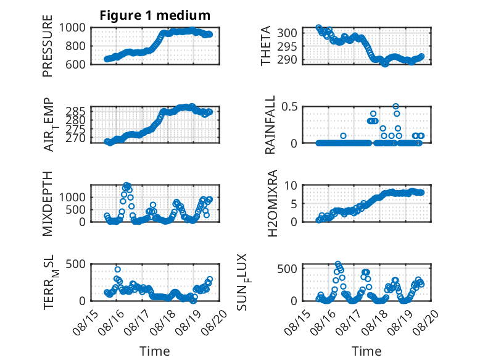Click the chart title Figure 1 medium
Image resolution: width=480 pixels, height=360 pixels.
click(x=155, y=15)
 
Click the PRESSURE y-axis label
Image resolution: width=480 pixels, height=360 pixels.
click(x=48, y=46)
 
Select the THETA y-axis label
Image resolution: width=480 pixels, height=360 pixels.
click(x=266, y=46)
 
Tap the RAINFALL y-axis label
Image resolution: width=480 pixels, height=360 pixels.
click(x=270, y=124)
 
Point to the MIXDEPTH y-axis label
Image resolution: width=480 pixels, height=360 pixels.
click(x=48, y=203)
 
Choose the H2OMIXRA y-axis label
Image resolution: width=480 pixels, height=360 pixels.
click(x=272, y=203)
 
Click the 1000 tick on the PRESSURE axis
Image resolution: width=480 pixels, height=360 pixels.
click(x=72, y=28)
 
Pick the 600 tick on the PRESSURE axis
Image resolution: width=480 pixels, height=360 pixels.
click(x=75, y=64)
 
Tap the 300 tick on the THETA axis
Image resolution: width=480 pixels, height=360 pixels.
click(x=287, y=33)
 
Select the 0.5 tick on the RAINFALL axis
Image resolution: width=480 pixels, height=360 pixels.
click(x=289, y=107)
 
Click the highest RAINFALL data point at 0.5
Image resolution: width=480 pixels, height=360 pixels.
click(x=396, y=106)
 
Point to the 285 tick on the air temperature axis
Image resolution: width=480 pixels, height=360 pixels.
click(x=75, y=111)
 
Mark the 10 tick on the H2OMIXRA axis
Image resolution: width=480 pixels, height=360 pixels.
click(x=291, y=185)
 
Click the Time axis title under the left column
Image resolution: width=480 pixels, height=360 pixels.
click(x=155, y=351)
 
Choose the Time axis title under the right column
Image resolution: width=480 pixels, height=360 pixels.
click(x=366, y=351)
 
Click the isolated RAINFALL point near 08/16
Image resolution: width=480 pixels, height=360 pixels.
click(x=343, y=136)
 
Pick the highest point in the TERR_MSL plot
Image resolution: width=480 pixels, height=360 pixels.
click(x=118, y=269)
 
